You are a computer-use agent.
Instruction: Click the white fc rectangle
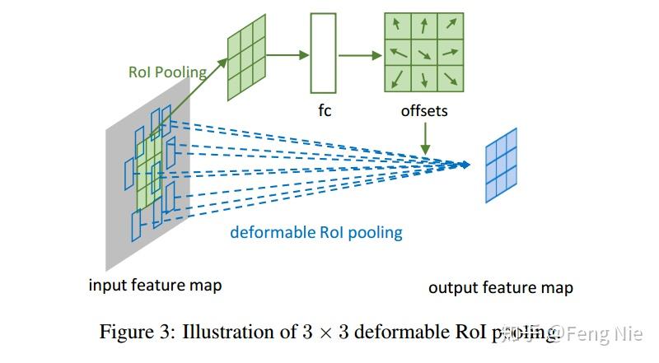point(323,54)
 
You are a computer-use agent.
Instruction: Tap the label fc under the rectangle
point(325,109)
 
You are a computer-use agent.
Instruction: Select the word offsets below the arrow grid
point(424,109)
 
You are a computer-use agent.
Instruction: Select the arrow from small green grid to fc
point(286,55)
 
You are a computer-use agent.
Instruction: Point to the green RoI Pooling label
point(167,72)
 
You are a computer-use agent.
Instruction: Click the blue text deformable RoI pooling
point(316,232)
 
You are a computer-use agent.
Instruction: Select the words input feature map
point(155,286)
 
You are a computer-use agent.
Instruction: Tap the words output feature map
point(500,287)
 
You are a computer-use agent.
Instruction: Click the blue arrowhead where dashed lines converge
point(465,165)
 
